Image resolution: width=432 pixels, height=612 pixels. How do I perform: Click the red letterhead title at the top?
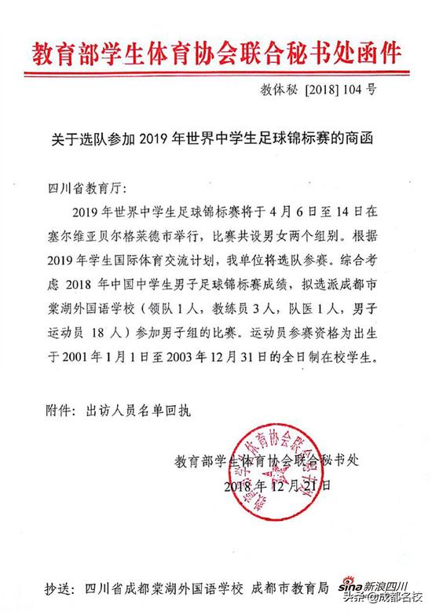point(216,53)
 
